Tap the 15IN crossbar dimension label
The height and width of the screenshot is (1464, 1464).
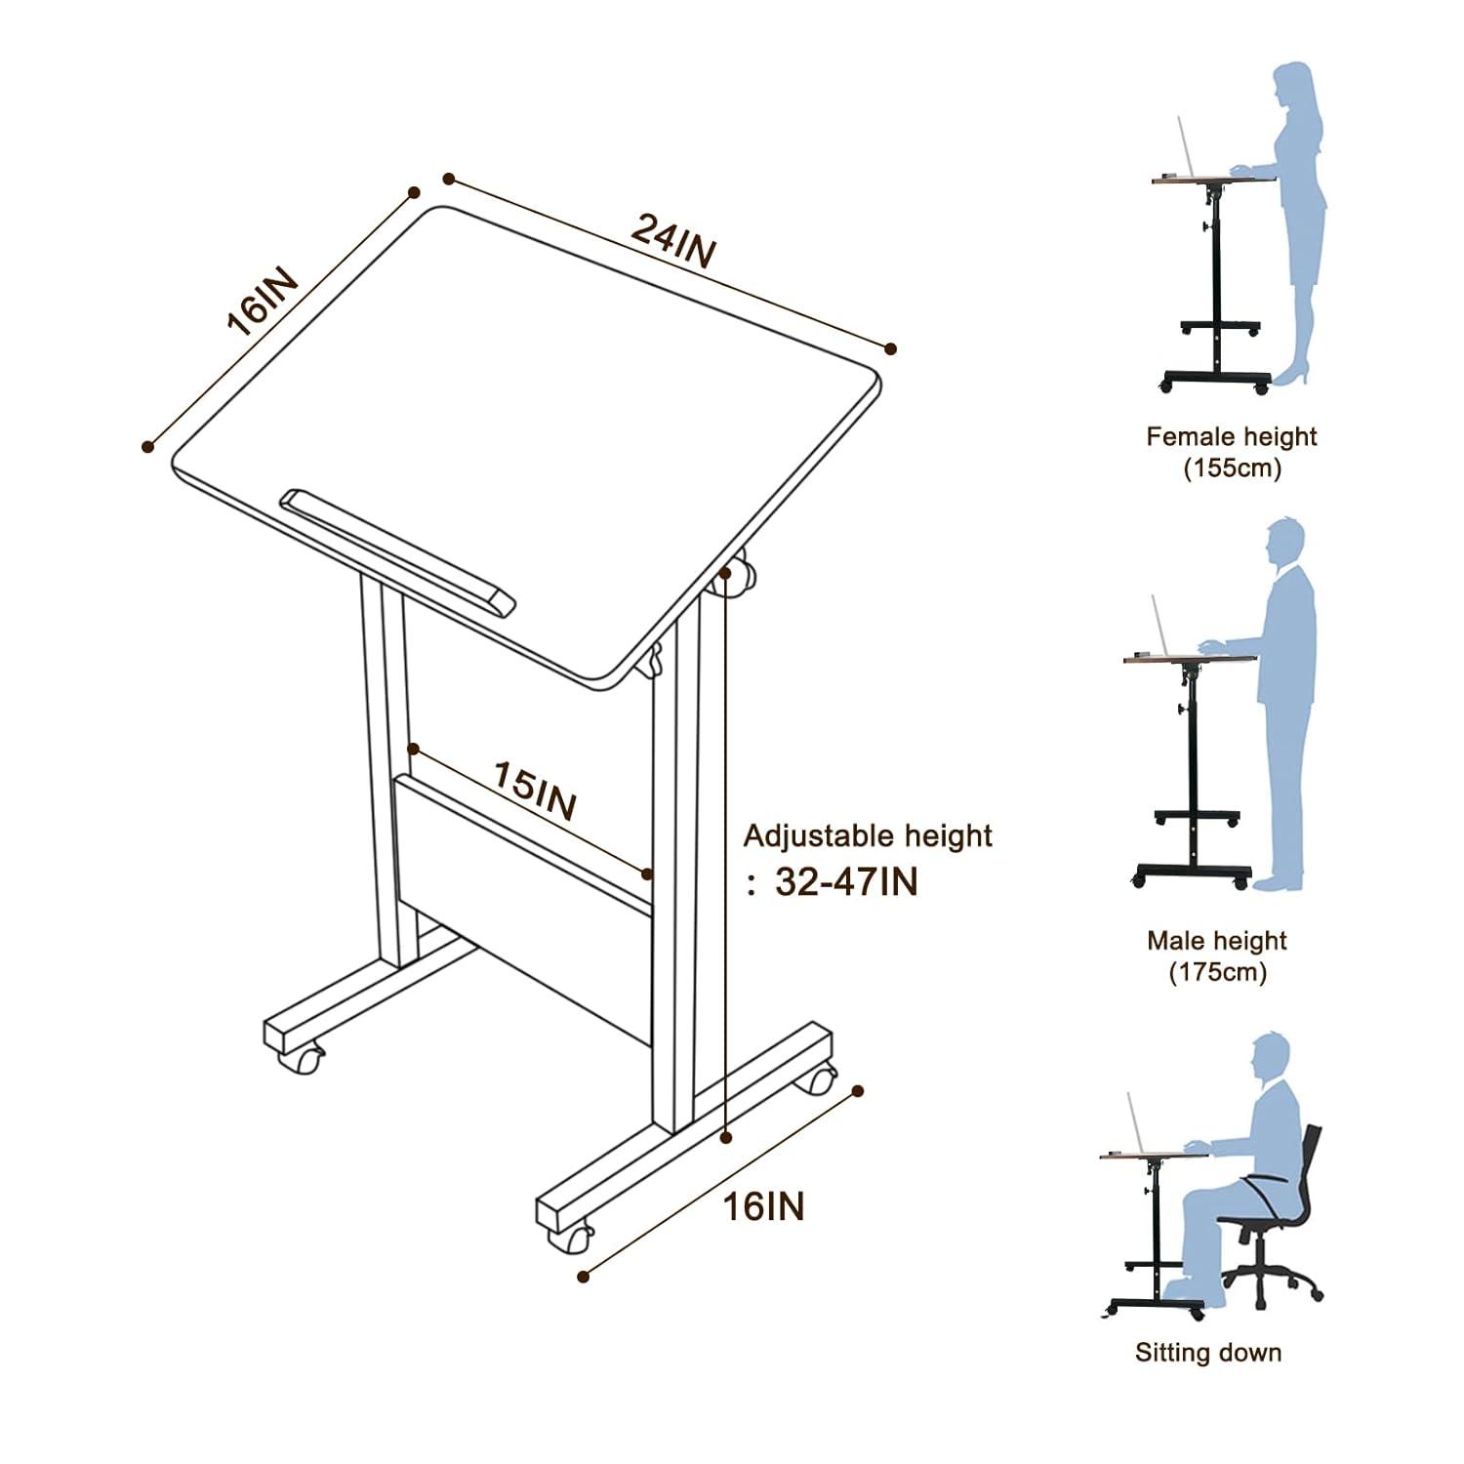[534, 791]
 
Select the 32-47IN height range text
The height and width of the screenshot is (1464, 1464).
[846, 881]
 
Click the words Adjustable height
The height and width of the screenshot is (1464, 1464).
[868, 835]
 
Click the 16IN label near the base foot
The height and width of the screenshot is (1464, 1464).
[763, 1206]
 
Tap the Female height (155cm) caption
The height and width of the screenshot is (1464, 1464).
[1232, 451]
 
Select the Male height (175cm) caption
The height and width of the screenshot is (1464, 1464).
[1217, 956]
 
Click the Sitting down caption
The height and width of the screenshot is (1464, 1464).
[1207, 1352]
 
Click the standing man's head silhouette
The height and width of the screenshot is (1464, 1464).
[1284, 543]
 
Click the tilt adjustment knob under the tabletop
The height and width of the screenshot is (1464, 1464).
[734, 578]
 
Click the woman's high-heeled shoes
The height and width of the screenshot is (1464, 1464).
[1294, 375]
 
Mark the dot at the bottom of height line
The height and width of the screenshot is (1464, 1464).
[725, 1136]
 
